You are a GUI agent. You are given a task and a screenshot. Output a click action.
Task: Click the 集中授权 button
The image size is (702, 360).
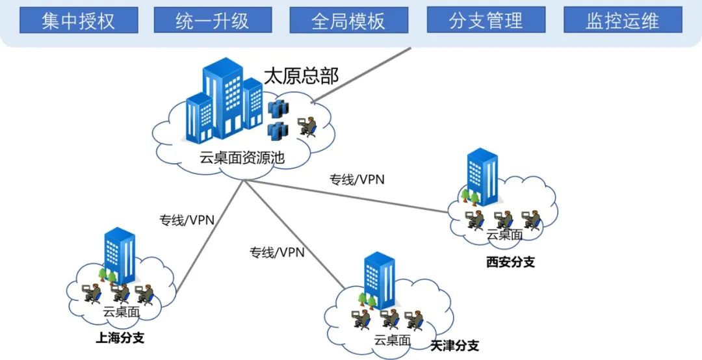pyautogui.click(x=79, y=20)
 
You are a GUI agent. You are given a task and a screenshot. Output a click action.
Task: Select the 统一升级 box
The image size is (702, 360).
pyautogui.click(x=213, y=20)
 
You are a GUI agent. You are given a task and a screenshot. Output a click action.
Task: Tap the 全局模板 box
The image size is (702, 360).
pyautogui.click(x=348, y=20)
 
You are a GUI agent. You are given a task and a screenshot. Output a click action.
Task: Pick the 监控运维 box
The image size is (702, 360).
pyautogui.click(x=623, y=20)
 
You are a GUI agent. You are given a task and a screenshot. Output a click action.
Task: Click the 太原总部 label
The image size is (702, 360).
pyautogui.click(x=301, y=75)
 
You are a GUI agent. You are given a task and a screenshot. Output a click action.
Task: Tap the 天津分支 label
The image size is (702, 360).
pyautogui.click(x=454, y=345)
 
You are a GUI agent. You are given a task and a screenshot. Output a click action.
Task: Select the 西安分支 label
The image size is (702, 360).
pyautogui.click(x=510, y=263)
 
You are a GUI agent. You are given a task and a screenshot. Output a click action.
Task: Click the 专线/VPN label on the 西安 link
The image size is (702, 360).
pyautogui.click(x=357, y=179)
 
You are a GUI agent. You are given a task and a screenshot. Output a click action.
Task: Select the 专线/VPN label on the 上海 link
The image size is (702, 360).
pyautogui.click(x=187, y=220)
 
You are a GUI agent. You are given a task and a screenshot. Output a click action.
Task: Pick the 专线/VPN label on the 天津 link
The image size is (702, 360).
pyautogui.click(x=277, y=252)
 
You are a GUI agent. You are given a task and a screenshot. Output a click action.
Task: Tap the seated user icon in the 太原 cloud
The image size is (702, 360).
pyautogui.click(x=306, y=126)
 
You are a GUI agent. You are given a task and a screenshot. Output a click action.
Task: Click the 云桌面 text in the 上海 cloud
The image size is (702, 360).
pyautogui.click(x=122, y=311)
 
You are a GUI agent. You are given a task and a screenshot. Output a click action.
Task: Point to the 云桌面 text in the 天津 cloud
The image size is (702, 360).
pyautogui.click(x=393, y=340)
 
